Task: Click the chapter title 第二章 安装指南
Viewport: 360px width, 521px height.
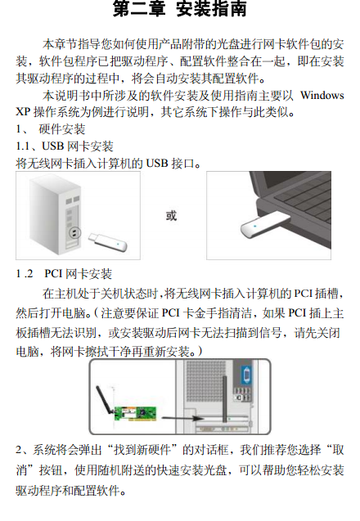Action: point(179,9)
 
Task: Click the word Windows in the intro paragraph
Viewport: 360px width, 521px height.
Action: point(322,96)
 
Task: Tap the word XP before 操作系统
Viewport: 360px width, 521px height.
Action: point(23,111)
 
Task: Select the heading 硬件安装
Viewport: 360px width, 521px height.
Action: point(62,129)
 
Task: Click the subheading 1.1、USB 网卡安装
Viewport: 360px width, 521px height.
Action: point(65,146)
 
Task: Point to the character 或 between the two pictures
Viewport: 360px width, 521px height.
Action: point(171,216)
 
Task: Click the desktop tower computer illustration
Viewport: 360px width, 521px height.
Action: point(56,216)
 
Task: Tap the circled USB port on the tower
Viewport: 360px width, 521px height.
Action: point(74,232)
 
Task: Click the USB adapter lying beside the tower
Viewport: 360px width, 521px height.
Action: point(107,242)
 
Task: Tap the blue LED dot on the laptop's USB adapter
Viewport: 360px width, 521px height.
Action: point(254,227)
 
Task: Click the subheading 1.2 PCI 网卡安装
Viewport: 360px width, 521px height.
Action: point(64,274)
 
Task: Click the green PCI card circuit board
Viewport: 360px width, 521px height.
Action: point(136,414)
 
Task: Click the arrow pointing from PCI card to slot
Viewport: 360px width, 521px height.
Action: point(182,418)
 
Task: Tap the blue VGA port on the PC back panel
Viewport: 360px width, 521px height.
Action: point(246,375)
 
